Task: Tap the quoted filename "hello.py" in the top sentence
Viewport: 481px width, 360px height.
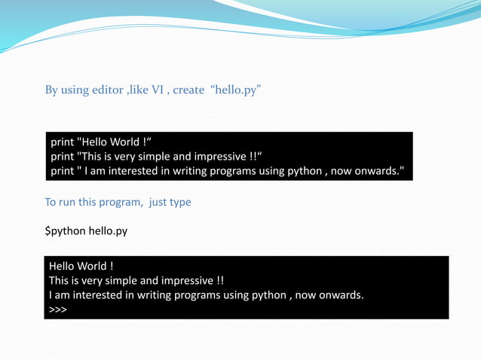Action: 235,90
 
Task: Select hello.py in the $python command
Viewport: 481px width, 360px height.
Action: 108,231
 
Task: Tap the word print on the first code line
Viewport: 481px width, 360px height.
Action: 63,142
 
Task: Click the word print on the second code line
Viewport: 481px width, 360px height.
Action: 63,157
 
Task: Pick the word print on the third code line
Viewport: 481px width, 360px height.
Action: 63,171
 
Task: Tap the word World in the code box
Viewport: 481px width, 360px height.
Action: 123,142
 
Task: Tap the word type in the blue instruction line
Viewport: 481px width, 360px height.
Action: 179,202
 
